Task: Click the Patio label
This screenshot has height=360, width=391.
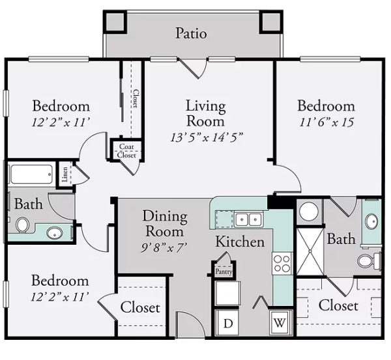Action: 191,34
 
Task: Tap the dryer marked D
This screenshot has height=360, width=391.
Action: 227,323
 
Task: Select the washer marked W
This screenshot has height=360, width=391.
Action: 280,323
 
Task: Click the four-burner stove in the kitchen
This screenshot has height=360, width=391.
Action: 282,264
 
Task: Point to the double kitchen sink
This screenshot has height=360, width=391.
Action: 248,219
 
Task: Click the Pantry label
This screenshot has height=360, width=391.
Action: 224,271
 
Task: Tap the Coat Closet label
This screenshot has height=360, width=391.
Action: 126,151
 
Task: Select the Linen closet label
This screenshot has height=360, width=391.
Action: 65,174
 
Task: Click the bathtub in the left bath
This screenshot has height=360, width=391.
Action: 31,174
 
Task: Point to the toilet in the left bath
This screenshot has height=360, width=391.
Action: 22,225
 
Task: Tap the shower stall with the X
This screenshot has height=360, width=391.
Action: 310,251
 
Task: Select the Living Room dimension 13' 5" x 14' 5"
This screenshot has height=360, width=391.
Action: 207,137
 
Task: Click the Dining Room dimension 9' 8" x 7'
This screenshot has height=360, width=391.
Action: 164,248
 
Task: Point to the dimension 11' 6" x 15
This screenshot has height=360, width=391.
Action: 326,122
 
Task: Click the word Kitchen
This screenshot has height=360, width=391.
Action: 240,242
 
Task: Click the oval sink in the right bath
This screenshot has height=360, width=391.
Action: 372,221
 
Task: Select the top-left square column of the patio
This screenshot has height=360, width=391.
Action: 115,21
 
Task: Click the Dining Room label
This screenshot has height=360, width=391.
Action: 165,223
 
